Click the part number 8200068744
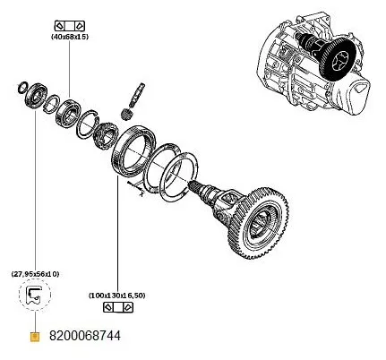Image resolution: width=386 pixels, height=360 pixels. (x=84, y=337)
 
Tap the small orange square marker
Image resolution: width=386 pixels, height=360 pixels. (x=34, y=337)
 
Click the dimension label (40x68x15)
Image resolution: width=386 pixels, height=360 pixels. (x=69, y=38)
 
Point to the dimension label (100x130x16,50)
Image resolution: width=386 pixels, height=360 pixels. (x=118, y=294)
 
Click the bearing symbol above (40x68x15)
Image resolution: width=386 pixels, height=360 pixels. (x=69, y=22)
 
